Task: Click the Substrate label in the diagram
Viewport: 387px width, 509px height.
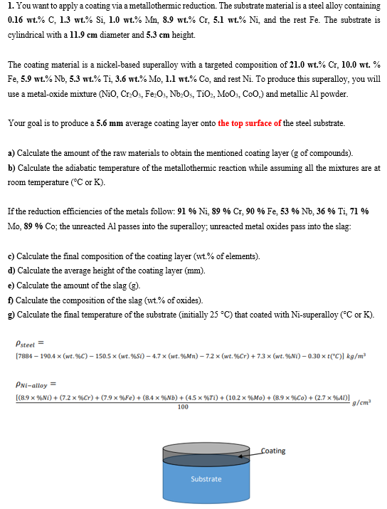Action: [x=206, y=478]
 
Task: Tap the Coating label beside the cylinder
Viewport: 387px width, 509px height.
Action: [x=273, y=451]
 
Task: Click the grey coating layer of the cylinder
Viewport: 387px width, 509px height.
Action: [x=206, y=452]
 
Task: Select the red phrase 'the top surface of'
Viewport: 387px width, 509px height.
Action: [x=250, y=123]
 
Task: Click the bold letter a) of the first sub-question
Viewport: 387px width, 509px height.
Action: [x=11, y=153]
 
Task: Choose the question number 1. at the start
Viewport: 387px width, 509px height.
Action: [x=11, y=6]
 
